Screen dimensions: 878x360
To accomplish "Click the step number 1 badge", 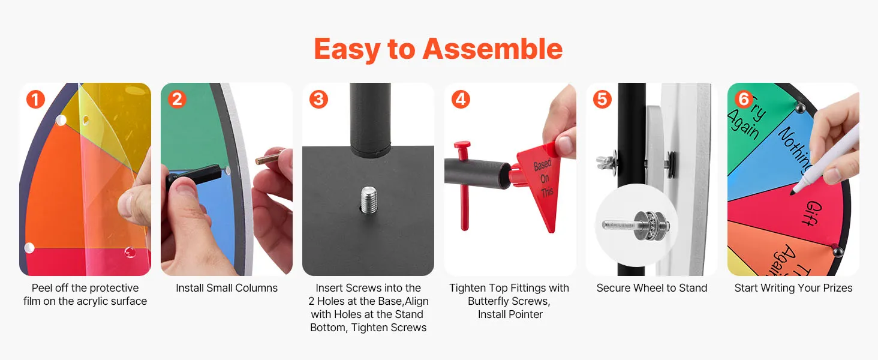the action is point(35,99).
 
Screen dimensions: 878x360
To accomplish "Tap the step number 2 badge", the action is point(177,99).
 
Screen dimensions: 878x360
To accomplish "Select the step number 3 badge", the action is point(318,99).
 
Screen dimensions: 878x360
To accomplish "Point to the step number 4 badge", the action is point(461,99).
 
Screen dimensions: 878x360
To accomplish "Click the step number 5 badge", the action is point(603,99).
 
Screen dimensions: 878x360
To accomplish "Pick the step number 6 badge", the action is point(744,99).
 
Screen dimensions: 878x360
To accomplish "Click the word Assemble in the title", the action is point(493,49).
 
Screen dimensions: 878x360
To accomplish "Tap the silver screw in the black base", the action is point(368,200).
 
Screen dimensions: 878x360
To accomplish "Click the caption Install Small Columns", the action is point(227,288).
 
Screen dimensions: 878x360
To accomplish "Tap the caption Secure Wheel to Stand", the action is point(652,288).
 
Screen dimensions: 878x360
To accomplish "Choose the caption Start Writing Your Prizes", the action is point(793,288).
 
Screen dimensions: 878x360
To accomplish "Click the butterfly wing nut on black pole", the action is point(605,162).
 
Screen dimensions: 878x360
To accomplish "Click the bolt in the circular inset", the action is point(635,225).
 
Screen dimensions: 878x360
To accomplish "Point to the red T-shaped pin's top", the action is point(462,145).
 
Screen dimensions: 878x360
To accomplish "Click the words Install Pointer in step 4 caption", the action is point(510,314).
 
